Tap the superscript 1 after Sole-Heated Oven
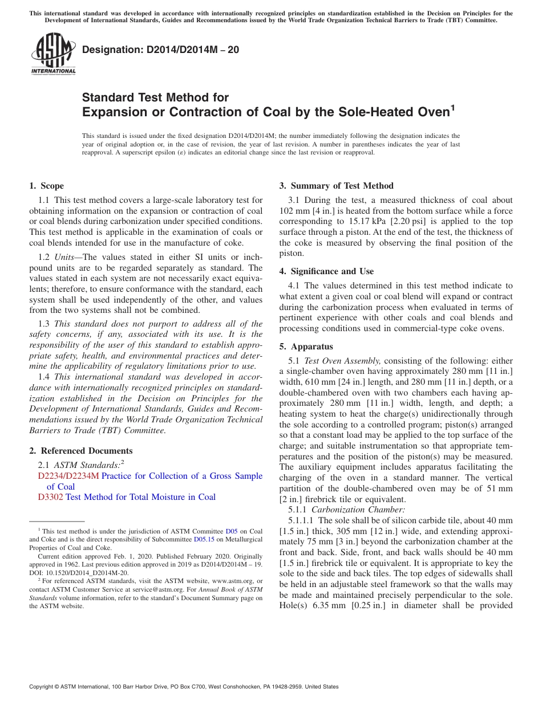[x=453, y=107]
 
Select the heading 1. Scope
[x=47, y=186]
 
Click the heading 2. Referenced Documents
[x=81, y=451]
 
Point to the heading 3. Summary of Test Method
[x=336, y=186]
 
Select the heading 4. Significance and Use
[x=326, y=271]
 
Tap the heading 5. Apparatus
[x=306, y=347]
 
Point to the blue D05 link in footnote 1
[x=231, y=531]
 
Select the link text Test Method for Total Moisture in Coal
[x=140, y=497]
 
